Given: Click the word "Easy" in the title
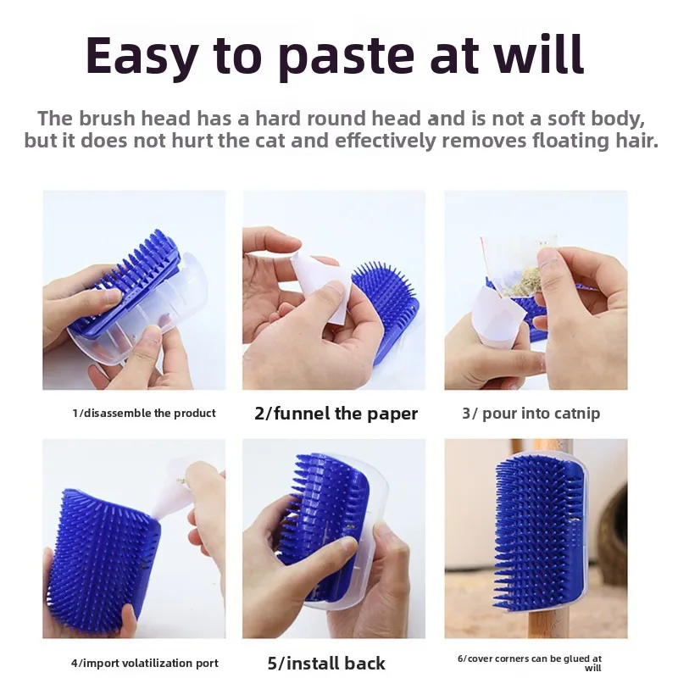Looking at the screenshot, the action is tap(142, 56).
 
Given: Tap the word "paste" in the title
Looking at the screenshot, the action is tap(346, 56).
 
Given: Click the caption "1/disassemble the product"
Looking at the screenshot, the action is tap(144, 414).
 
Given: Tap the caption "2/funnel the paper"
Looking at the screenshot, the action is tap(336, 414).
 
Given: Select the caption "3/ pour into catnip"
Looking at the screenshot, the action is tap(531, 414).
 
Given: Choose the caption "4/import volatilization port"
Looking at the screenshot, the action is tap(145, 663).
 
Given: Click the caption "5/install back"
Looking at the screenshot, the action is tap(326, 664).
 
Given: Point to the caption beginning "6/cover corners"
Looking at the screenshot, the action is tap(530, 663).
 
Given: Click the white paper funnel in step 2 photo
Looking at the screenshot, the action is tap(321, 287).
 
